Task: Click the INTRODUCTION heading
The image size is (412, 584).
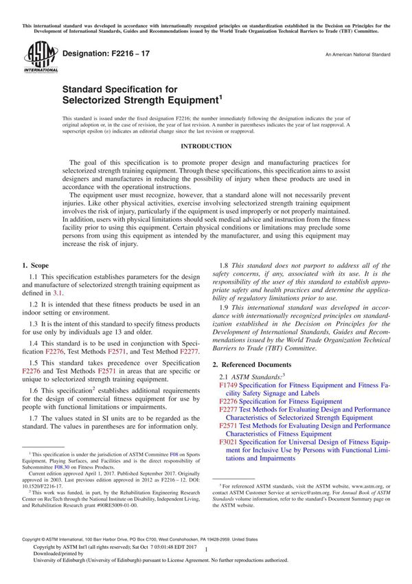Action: [x=205, y=146]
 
